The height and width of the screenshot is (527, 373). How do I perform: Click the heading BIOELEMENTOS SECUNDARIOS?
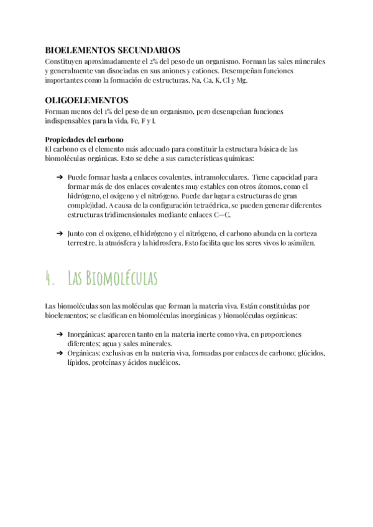coord(113,50)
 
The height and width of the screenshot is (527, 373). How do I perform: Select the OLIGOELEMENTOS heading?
coord(87,100)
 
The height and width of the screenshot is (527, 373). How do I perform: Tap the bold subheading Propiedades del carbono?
coord(85,139)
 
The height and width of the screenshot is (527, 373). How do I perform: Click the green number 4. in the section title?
coord(51,277)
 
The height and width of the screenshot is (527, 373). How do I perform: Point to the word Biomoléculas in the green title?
coord(122,277)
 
